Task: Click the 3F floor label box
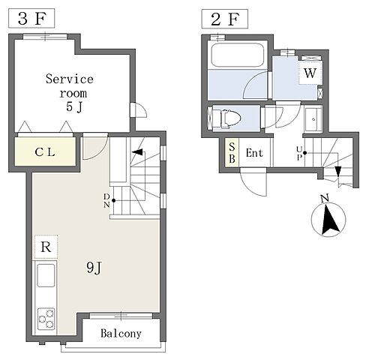(x=31, y=18)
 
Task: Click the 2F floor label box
(x=225, y=19)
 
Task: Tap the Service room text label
(x=70, y=86)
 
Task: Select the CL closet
(x=45, y=151)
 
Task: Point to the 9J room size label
(x=94, y=268)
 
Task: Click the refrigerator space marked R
(x=46, y=247)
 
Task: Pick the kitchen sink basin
(x=46, y=275)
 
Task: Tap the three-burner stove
(x=46, y=319)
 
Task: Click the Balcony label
(x=121, y=333)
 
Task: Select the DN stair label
(x=106, y=200)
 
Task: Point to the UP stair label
(x=299, y=153)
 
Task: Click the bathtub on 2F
(x=238, y=55)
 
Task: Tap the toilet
(x=230, y=118)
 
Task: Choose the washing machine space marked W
(x=310, y=73)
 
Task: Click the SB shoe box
(x=232, y=152)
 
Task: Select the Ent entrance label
(x=254, y=152)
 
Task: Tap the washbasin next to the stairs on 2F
(x=313, y=119)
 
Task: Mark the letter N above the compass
(x=325, y=199)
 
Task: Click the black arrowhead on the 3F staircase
(x=137, y=151)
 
